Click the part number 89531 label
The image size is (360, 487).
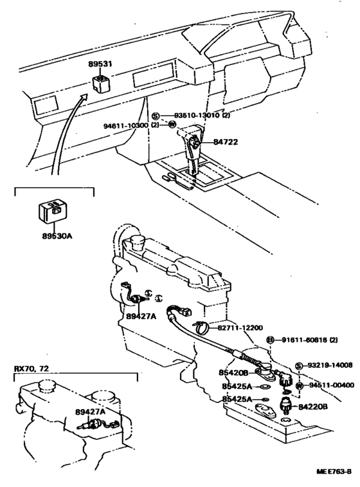pyautogui.click(x=101, y=65)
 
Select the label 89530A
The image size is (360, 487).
pyautogui.click(x=57, y=237)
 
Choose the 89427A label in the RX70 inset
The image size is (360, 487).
pyautogui.click(x=91, y=411)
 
